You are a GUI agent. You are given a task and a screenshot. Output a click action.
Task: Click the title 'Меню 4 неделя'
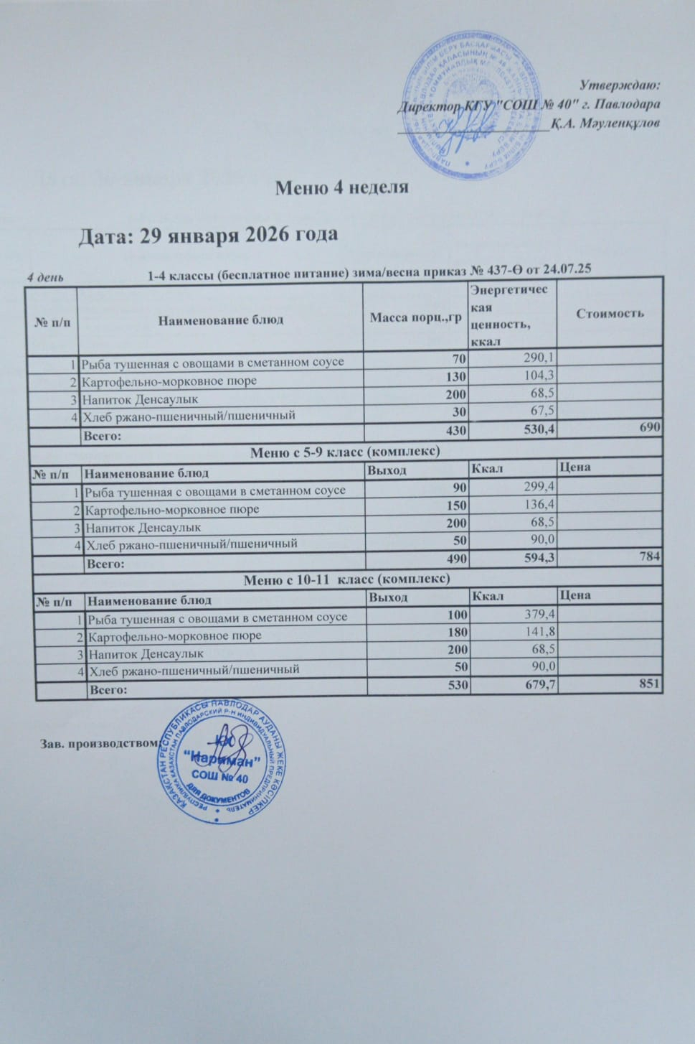tap(342, 188)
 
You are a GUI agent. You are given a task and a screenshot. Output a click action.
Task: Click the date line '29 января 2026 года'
tap(208, 235)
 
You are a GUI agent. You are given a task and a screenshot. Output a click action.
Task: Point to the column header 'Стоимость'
tap(610, 314)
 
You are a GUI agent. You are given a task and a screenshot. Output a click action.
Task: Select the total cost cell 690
tap(648, 429)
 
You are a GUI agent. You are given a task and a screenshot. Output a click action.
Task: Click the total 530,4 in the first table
tap(535, 430)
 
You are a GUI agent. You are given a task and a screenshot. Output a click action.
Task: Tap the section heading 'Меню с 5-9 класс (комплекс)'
tap(344, 452)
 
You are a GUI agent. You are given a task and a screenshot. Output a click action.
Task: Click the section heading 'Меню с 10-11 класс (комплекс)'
tap(346, 579)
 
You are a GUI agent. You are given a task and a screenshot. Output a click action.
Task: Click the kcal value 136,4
tap(540, 506)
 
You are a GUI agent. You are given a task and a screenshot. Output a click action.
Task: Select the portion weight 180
tap(457, 633)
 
